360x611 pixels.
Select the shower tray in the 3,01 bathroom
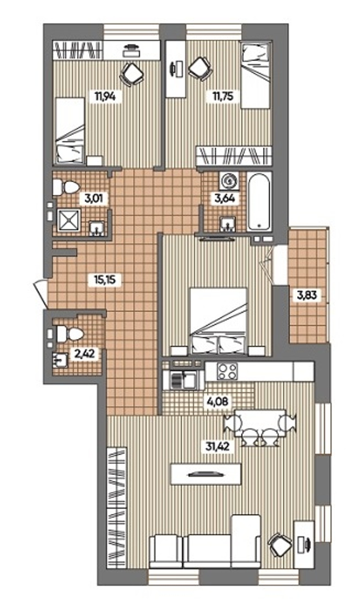[69, 220]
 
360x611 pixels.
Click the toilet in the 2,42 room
[70, 334]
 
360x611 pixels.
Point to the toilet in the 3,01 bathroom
[66, 187]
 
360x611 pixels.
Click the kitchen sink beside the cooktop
[183, 380]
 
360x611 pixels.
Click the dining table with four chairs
[260, 427]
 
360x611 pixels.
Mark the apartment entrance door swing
[41, 294]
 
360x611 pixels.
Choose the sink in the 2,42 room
[60, 360]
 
